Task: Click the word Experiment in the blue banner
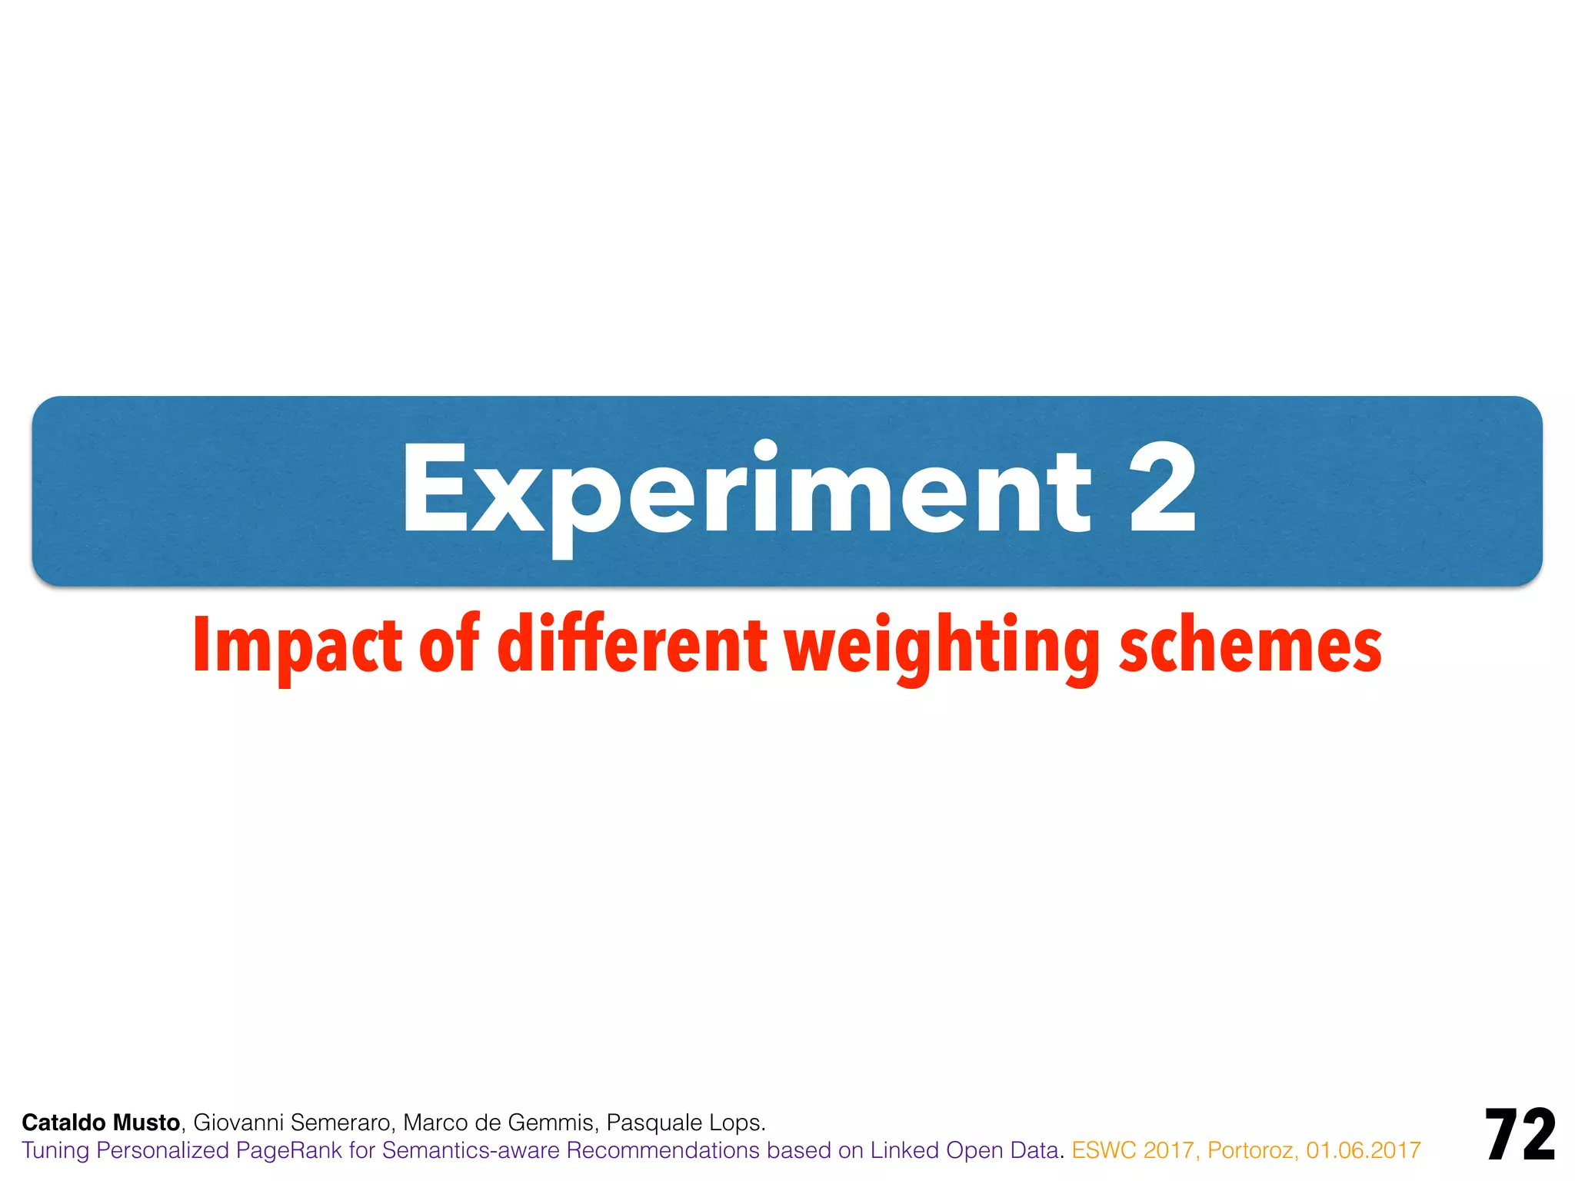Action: point(746,492)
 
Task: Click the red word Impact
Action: point(297,646)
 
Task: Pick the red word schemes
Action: point(1250,646)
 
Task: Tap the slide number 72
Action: point(1520,1135)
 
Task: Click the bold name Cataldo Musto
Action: point(101,1123)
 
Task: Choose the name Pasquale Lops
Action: point(685,1123)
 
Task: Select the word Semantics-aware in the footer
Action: point(471,1150)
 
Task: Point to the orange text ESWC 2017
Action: point(1134,1150)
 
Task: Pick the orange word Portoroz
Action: point(1252,1150)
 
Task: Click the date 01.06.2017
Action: point(1363,1150)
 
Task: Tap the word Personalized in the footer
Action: point(163,1150)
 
